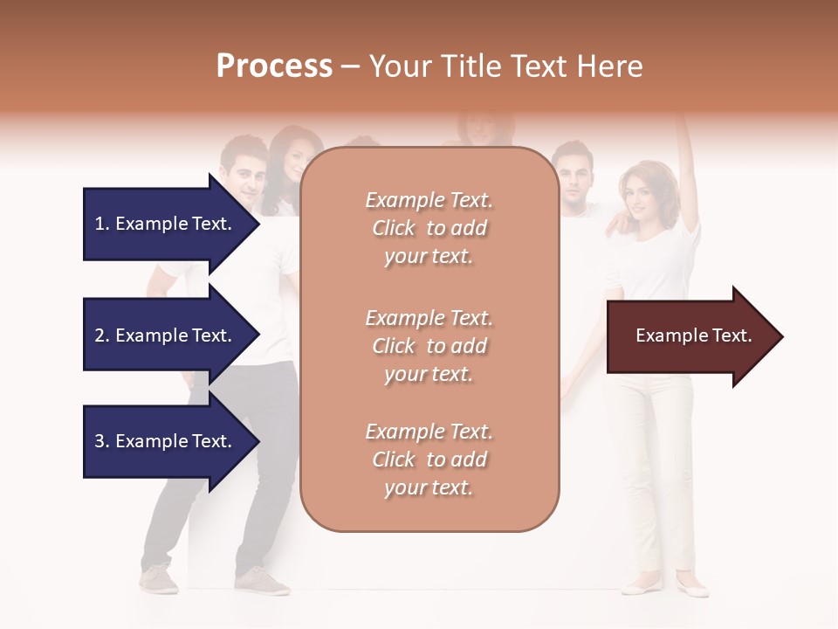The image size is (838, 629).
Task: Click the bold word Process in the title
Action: coord(274,66)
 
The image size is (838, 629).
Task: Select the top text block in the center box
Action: coord(429,228)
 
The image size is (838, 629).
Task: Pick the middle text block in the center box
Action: coord(429,346)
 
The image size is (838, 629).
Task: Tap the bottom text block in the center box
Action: coord(429,460)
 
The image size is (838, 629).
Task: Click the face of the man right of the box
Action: coord(573,176)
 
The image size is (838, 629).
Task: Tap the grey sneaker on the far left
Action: coord(159,578)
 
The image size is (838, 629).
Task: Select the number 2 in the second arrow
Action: coord(100,335)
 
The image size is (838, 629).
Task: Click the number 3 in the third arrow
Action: coord(100,441)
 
